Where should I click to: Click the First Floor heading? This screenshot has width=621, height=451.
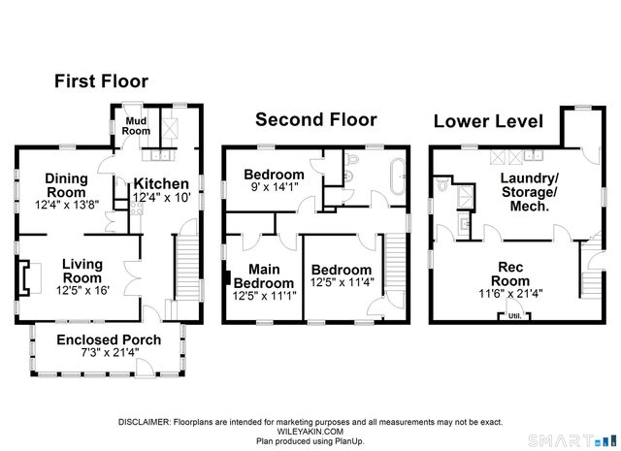[101, 81]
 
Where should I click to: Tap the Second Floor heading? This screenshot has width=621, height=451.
[316, 119]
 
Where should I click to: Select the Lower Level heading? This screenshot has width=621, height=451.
[488, 121]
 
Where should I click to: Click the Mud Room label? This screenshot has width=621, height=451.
[136, 126]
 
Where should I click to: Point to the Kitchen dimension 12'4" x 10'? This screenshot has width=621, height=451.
[162, 197]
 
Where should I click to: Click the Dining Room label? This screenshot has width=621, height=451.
[66, 185]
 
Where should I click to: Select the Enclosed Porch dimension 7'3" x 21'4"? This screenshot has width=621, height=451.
[110, 352]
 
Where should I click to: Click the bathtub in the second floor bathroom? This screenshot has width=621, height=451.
[398, 177]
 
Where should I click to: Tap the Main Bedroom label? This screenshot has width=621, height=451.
[264, 276]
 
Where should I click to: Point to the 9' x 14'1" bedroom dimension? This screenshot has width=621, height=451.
[274, 187]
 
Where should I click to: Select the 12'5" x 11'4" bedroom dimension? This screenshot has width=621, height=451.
[342, 282]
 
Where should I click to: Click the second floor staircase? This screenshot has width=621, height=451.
[396, 262]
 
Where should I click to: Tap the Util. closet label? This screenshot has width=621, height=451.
[514, 316]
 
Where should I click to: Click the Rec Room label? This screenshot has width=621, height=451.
[510, 274]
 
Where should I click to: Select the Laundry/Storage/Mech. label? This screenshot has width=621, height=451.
[529, 192]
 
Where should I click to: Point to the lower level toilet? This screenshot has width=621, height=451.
[442, 183]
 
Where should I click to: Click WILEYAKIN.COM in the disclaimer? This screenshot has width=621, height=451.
[310, 432]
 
